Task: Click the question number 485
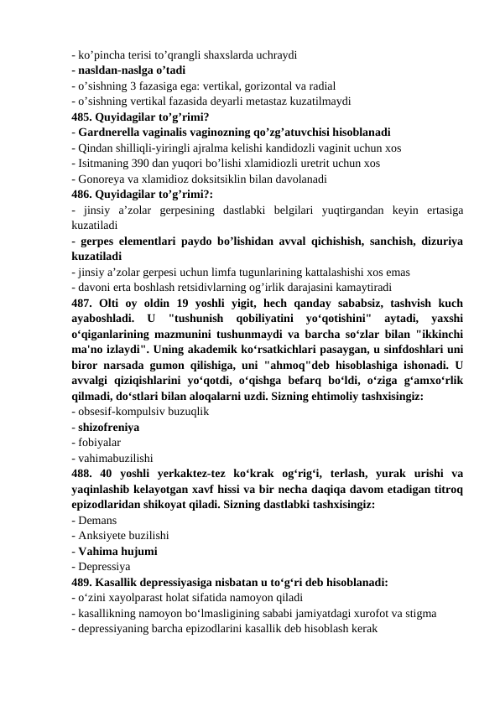point(83,117)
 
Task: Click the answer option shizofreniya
point(109,427)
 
